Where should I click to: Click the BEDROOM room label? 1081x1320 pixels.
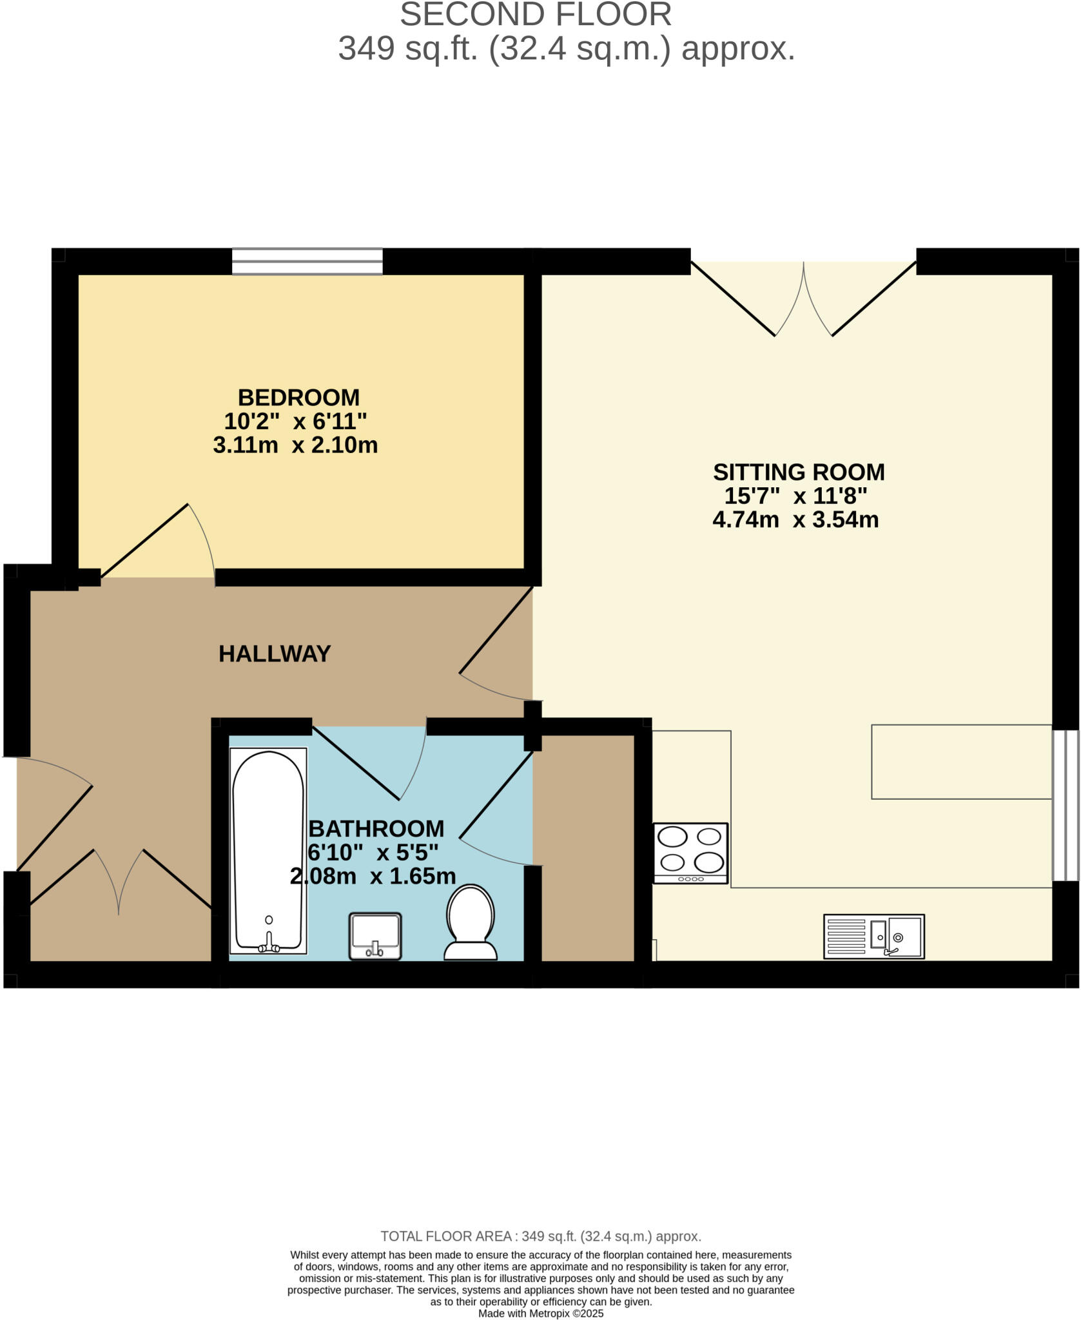point(298,397)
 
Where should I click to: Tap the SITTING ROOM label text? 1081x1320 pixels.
point(798,472)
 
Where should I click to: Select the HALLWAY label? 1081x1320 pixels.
point(274,654)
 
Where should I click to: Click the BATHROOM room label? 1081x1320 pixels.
point(376,828)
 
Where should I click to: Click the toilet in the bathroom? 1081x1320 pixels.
point(471,922)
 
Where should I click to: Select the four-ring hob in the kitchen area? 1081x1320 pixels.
point(690,853)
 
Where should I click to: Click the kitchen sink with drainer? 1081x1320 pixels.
point(873,936)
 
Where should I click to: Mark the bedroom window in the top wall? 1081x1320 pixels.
point(307,262)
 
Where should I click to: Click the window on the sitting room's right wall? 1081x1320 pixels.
point(1065,805)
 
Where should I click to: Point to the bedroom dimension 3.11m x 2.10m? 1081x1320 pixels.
point(295,445)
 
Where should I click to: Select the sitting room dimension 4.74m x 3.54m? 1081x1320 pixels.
point(795,519)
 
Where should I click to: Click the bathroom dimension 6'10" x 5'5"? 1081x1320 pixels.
point(373,853)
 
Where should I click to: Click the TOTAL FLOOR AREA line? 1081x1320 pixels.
point(540,1236)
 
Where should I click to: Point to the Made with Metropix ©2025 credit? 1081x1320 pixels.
point(540,1313)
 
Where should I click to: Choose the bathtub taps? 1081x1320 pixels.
point(269,946)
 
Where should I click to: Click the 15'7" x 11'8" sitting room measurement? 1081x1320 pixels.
point(795,496)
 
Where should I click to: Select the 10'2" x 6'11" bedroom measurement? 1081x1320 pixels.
point(295,422)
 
